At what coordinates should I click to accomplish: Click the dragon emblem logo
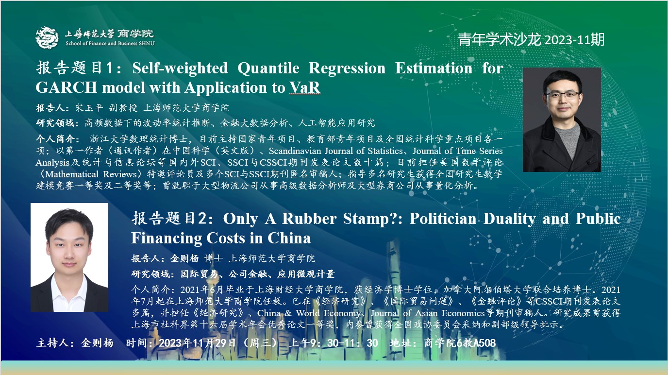tap(47, 38)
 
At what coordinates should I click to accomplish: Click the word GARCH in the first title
tap(66, 88)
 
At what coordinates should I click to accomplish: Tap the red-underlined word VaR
tap(304, 88)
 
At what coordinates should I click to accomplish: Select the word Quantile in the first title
tap(268, 68)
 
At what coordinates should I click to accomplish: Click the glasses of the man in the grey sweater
tap(563, 95)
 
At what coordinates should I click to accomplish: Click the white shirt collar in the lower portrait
tap(69, 291)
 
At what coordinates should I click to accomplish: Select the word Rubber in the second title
tap(309, 219)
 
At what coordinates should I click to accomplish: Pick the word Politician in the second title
tap(443, 219)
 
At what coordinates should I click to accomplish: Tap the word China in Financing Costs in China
tap(289, 238)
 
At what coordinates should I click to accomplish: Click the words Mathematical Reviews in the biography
tap(91, 174)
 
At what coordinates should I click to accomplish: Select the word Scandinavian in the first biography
tap(295, 151)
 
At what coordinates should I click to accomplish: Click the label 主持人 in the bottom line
tap(52, 343)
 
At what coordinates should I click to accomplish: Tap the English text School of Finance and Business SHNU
tap(110, 43)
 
